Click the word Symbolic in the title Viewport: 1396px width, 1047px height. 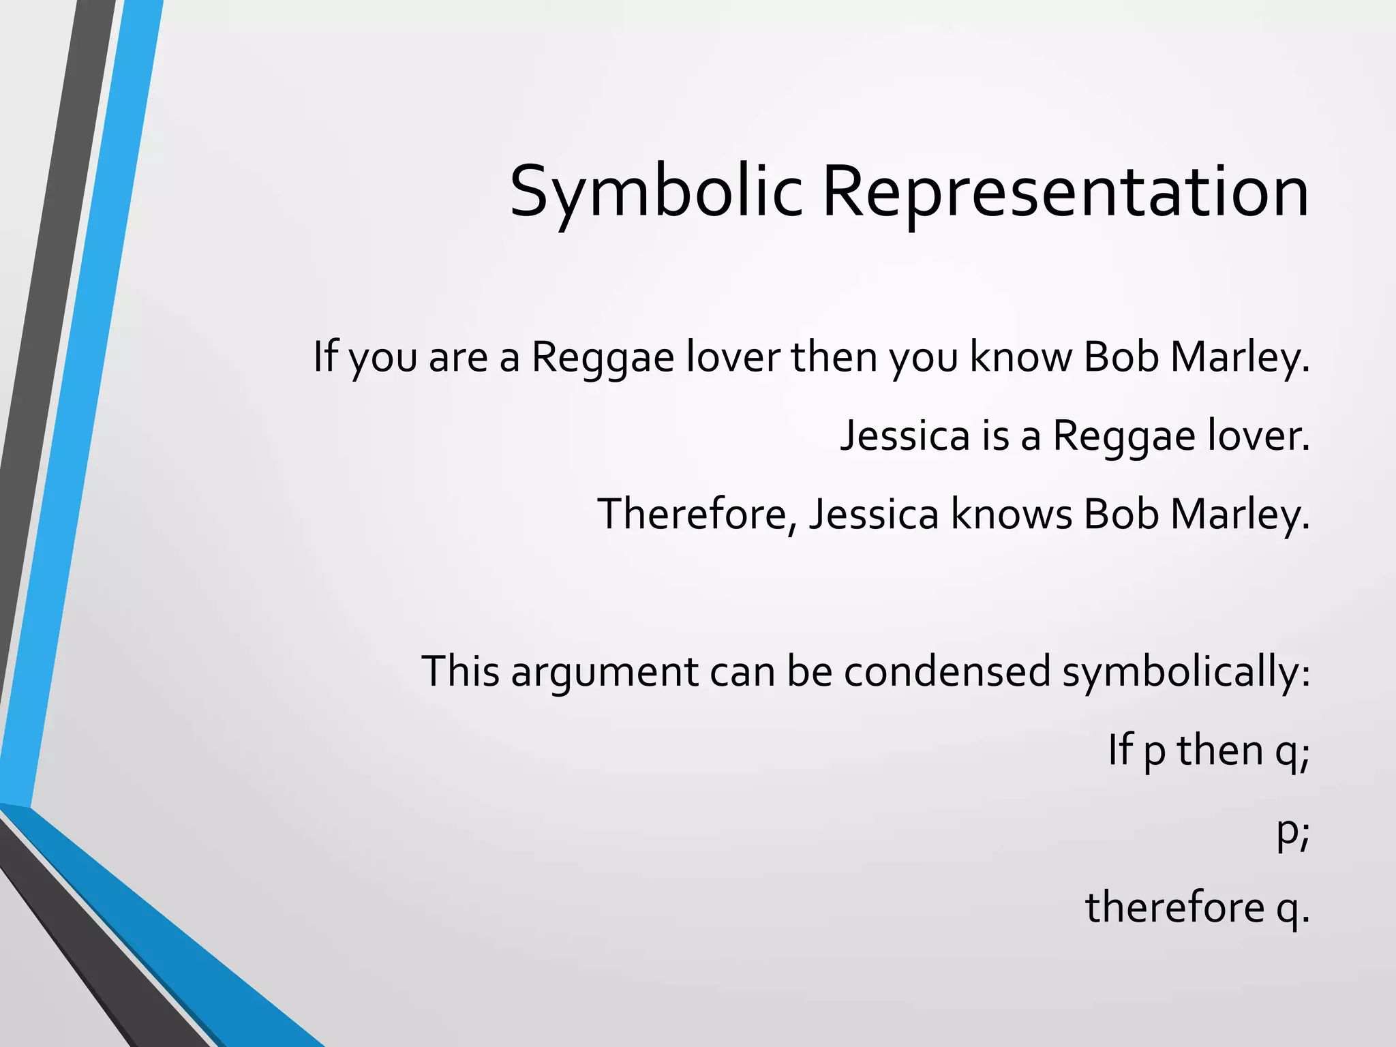(655, 192)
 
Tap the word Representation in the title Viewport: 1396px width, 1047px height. (1065, 192)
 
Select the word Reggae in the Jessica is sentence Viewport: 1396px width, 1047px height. (1124, 436)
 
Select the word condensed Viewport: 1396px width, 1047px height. (947, 671)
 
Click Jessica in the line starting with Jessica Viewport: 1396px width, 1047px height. (904, 436)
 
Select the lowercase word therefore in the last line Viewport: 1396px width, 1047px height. (1174, 908)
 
